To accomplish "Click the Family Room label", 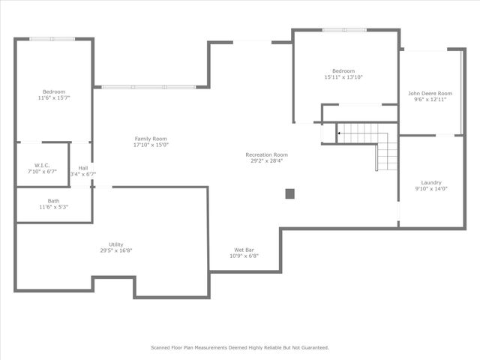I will [x=151, y=139].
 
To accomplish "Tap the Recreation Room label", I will [x=266, y=154].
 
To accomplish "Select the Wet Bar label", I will [x=244, y=250].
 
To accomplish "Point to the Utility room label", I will [x=116, y=244].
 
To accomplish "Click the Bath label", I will [x=53, y=201].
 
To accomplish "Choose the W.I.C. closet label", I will [x=42, y=165].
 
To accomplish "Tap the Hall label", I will [x=83, y=168].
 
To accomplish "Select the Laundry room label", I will [x=431, y=182].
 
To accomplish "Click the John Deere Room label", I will [x=430, y=94].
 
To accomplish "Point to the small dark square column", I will [x=289, y=193].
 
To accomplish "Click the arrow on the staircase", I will [x=340, y=133].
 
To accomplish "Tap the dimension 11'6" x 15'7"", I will [x=53, y=97].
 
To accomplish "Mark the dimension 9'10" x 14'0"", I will [x=431, y=188].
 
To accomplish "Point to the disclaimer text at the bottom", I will [x=240, y=347].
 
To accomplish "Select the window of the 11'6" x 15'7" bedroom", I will [x=52, y=39].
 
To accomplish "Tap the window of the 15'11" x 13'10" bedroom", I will [x=344, y=30].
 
